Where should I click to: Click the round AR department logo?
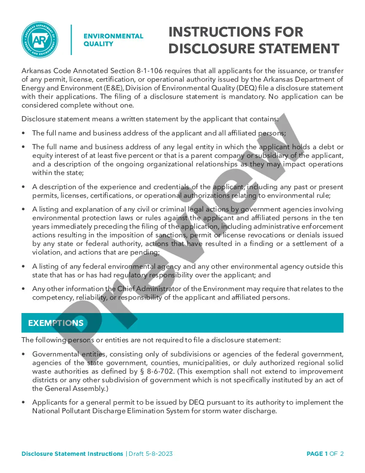tap(40, 40)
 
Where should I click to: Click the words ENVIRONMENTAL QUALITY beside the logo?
tap(113, 40)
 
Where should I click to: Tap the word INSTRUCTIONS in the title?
tap(236, 32)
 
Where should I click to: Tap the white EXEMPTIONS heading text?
tap(56, 323)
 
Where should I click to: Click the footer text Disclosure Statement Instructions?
tap(72, 454)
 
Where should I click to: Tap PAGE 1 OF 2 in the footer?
tap(325, 454)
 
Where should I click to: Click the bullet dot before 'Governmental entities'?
tap(24, 354)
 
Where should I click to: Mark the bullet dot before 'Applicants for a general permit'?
tap(24, 402)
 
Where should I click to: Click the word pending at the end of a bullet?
tap(146, 252)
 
